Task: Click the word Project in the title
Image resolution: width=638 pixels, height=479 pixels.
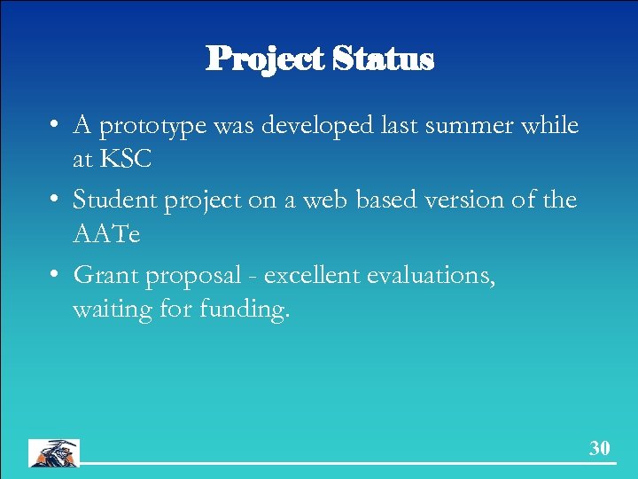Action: (x=266, y=59)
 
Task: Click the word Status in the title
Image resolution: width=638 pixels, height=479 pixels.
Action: (x=384, y=59)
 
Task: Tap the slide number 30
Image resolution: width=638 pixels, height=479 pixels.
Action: (x=600, y=448)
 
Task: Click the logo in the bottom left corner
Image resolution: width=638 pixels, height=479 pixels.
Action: (x=54, y=452)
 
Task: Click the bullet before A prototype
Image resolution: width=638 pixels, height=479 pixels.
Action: (x=56, y=127)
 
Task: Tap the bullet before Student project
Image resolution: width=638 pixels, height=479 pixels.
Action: (x=56, y=201)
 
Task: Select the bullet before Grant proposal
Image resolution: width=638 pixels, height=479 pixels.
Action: (x=56, y=276)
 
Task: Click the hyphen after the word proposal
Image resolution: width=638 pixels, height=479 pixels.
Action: (x=253, y=277)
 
